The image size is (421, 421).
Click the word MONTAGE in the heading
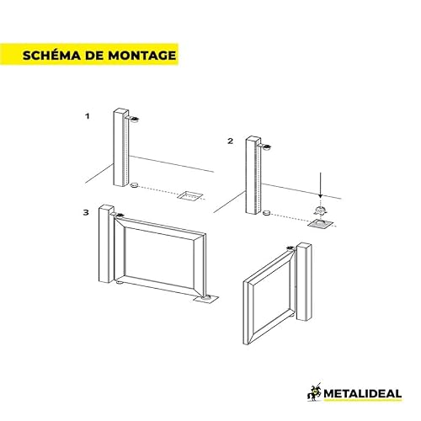click(142, 56)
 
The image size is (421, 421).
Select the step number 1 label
click(88, 116)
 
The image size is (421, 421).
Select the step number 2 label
click(230, 141)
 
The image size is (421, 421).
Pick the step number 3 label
click(86, 212)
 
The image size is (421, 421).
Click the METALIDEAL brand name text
click(363, 393)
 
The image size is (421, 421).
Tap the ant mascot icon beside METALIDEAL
click(315, 392)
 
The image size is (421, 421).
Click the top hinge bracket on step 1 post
click(134, 120)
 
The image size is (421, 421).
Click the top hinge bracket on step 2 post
click(266, 147)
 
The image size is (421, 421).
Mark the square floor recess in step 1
click(190, 195)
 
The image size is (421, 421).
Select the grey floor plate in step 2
click(321, 224)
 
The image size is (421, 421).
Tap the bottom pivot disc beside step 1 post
click(135, 185)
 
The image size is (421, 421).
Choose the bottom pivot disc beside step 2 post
click(267, 214)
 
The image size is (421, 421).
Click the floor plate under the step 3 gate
click(206, 299)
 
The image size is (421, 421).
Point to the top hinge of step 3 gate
click(120, 216)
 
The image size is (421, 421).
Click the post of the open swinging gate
click(304, 282)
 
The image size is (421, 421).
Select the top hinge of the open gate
click(290, 248)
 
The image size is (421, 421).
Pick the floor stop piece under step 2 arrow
click(320, 210)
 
